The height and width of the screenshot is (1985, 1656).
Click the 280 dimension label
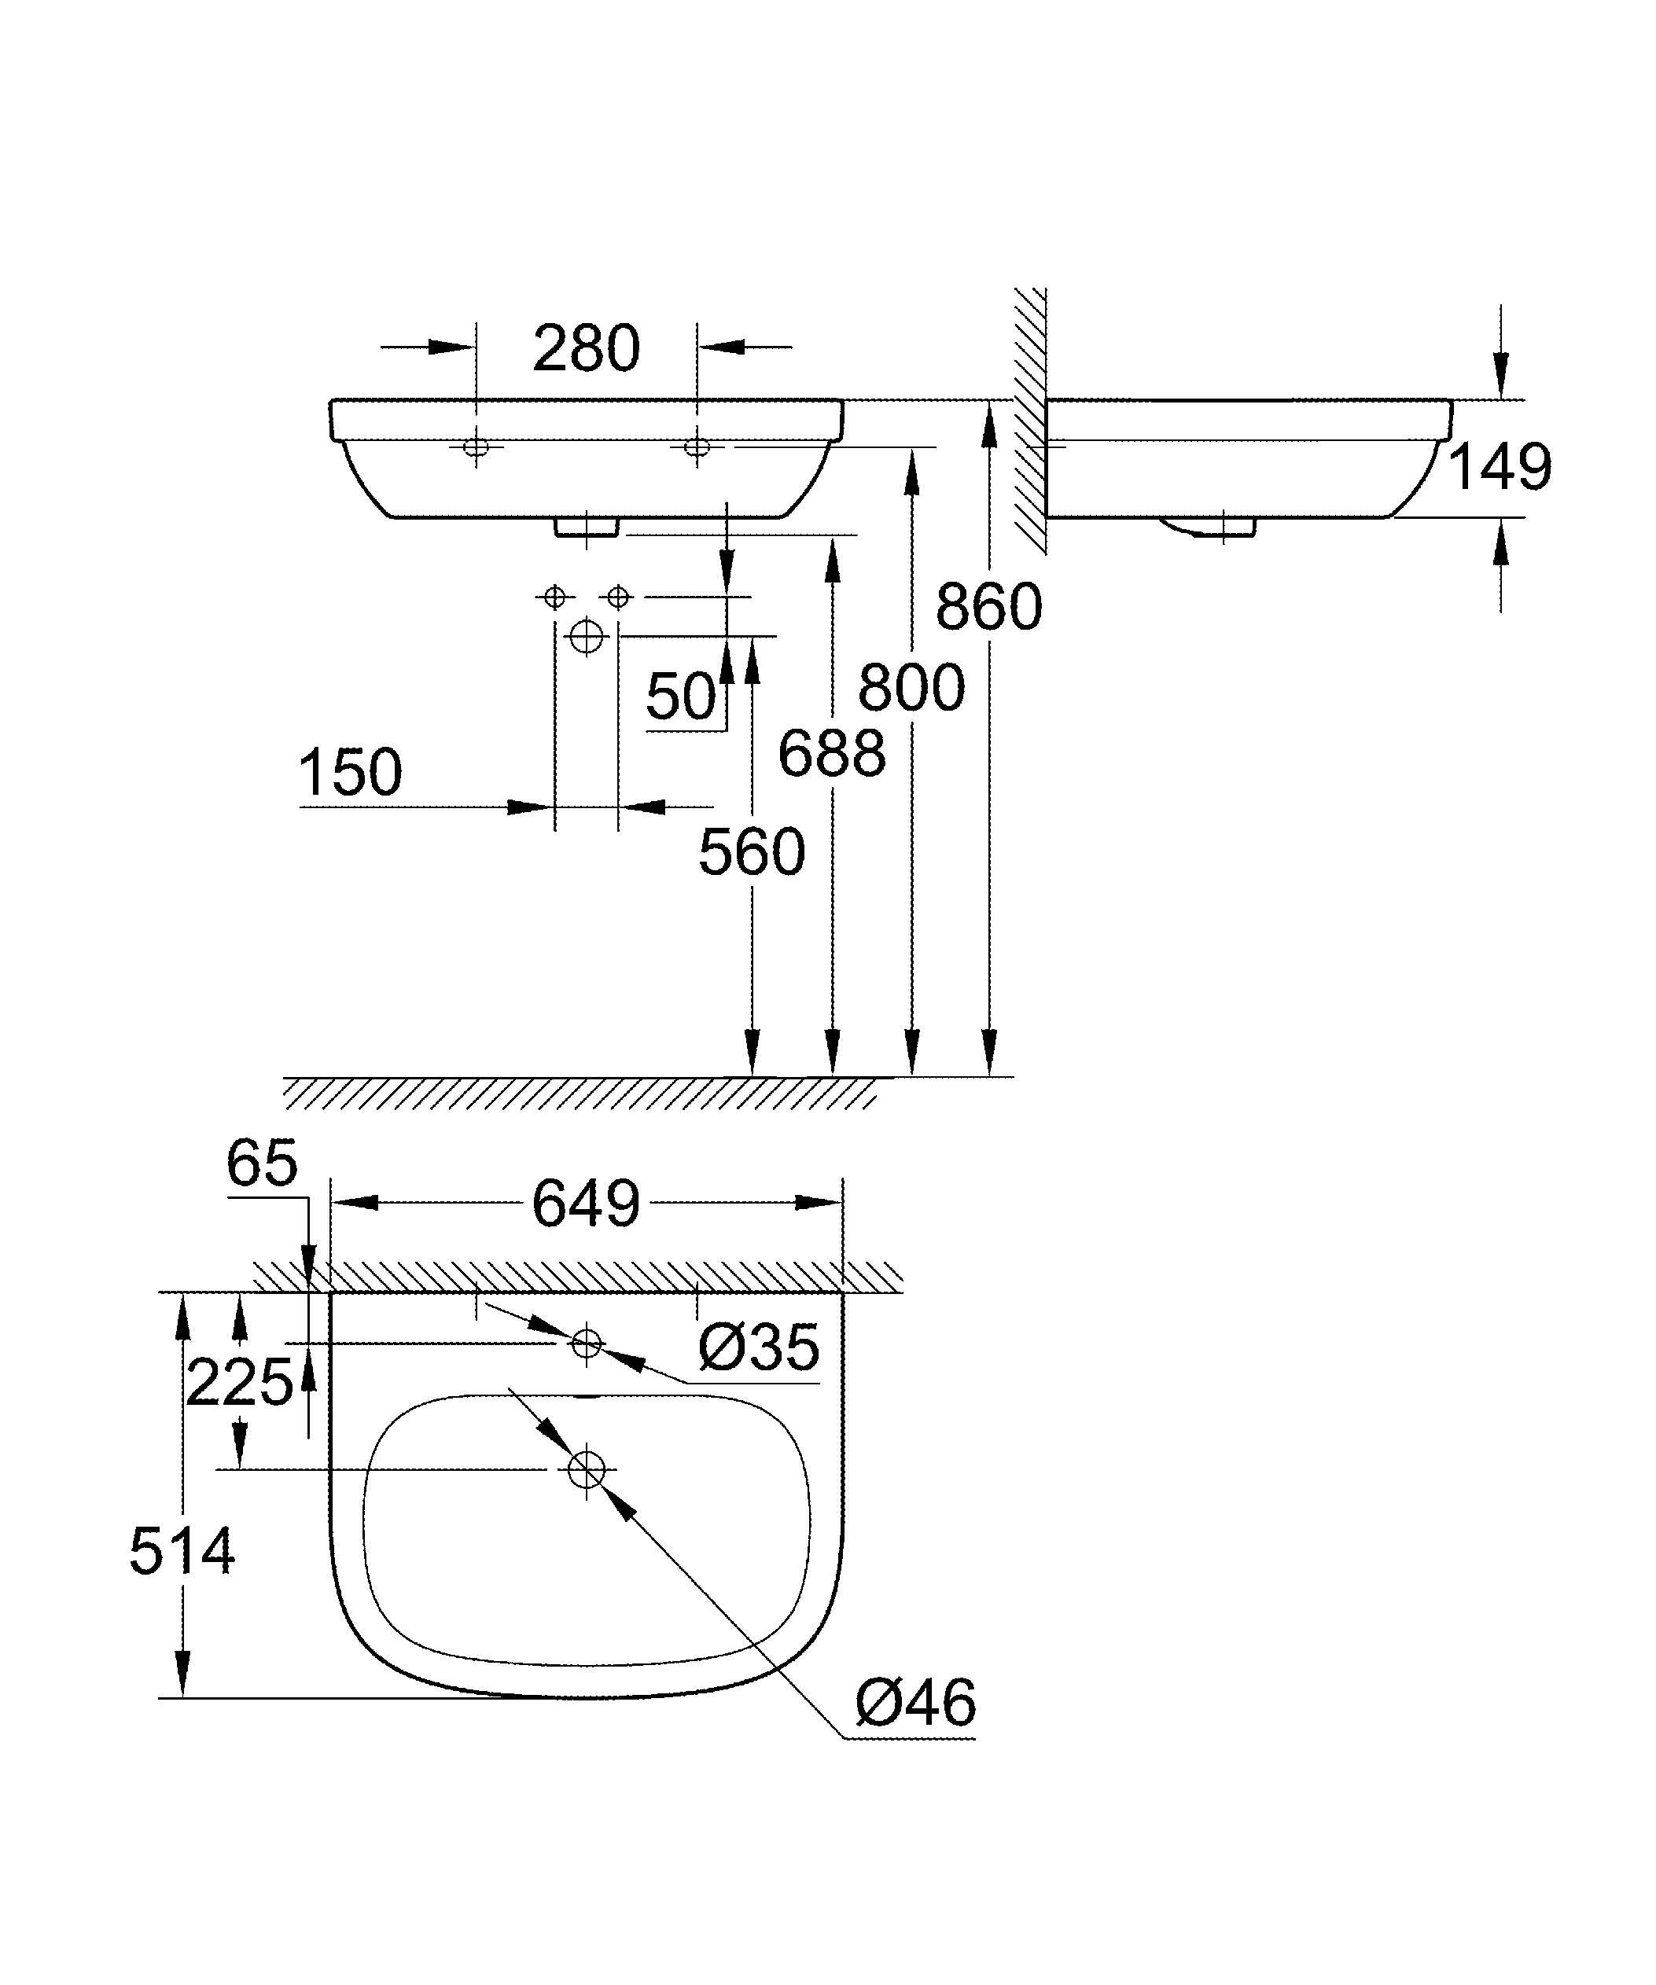point(586,349)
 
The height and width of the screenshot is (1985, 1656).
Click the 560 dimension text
point(752,851)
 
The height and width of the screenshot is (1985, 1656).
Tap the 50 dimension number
point(680,697)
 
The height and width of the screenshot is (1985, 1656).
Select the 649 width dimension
point(586,1204)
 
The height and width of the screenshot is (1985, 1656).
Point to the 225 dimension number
point(239,1383)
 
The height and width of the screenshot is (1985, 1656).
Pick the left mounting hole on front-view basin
point(477,447)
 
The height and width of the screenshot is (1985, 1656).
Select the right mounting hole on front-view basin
point(697,447)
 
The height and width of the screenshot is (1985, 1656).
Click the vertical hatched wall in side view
point(1030,421)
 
